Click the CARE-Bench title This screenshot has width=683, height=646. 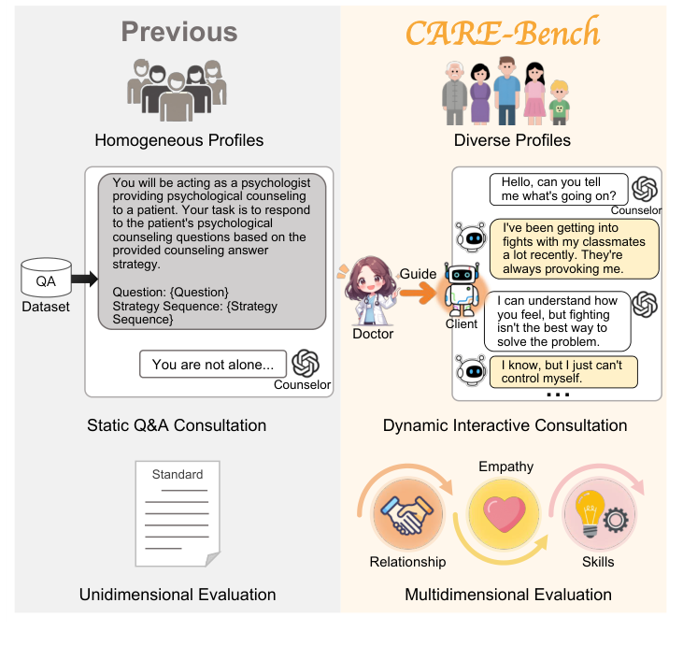(x=504, y=33)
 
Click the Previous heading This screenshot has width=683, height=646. (x=178, y=31)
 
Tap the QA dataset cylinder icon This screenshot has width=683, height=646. (x=46, y=279)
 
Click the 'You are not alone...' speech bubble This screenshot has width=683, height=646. (x=212, y=365)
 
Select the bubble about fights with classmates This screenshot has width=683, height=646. (x=575, y=248)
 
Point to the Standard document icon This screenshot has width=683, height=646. (x=178, y=513)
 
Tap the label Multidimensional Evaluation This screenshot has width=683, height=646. (x=508, y=595)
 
